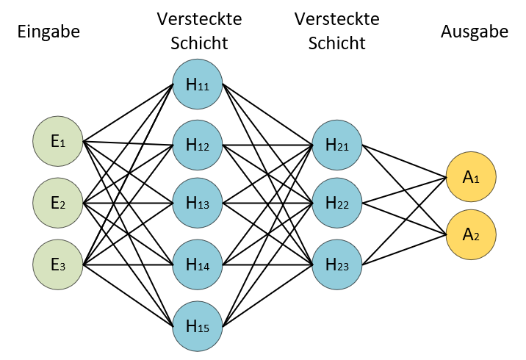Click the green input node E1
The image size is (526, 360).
point(58,141)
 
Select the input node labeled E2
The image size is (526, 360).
point(58,203)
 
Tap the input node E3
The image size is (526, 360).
point(58,264)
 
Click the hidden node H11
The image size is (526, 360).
point(198,84)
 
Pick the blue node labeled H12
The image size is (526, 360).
point(198,145)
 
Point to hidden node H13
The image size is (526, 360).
point(198,203)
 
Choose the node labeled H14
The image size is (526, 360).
point(198,264)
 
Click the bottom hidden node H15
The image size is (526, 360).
point(198,326)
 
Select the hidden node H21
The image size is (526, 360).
point(337,145)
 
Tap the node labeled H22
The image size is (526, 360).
point(337,203)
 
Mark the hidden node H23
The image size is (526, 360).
point(337,264)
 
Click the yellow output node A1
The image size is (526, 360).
point(471,177)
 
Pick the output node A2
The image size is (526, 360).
point(471,234)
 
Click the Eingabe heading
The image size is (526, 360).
point(48,32)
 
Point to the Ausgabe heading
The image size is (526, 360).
point(475,32)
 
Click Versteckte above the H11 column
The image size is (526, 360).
point(199,19)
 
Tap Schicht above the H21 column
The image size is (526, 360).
point(336,43)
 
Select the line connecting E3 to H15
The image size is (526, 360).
point(128,295)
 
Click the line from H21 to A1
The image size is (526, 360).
point(404,161)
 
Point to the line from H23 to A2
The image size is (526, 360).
point(404,250)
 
